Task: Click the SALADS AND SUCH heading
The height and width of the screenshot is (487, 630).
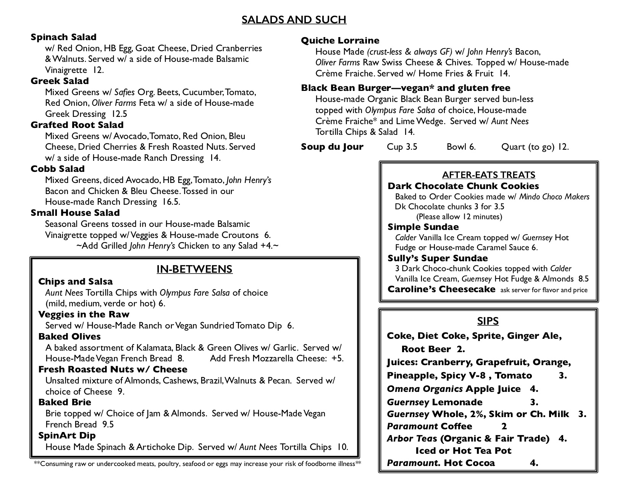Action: click(x=294, y=19)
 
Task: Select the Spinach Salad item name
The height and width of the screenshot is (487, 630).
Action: click(x=63, y=37)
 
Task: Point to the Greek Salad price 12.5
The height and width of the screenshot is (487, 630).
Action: click(x=119, y=114)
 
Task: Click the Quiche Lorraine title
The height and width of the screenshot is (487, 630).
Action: click(x=340, y=40)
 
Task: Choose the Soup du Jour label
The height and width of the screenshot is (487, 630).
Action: click(x=332, y=147)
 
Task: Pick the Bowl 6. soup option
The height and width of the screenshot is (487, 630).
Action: click(x=461, y=147)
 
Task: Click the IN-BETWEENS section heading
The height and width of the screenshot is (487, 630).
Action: click(x=194, y=269)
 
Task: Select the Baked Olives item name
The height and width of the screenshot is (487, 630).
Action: click(x=69, y=337)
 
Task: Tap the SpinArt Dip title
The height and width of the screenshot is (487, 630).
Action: click(x=67, y=435)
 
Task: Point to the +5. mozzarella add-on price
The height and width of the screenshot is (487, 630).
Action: click(x=337, y=358)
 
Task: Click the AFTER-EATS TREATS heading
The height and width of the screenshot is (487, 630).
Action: click(x=488, y=175)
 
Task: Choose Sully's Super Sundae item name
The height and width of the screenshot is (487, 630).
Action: click(x=438, y=258)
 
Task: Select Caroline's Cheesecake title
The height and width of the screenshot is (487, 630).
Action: click(x=441, y=289)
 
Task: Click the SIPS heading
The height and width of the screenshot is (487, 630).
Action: click(x=488, y=321)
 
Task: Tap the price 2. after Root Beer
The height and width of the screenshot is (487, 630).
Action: click(x=460, y=349)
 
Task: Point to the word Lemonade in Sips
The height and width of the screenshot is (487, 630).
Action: click(x=457, y=402)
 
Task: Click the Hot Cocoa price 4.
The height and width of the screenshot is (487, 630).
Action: click(x=534, y=463)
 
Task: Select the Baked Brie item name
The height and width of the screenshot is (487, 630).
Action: click(x=65, y=402)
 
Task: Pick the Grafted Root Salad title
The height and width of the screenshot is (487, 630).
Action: click(x=77, y=125)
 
